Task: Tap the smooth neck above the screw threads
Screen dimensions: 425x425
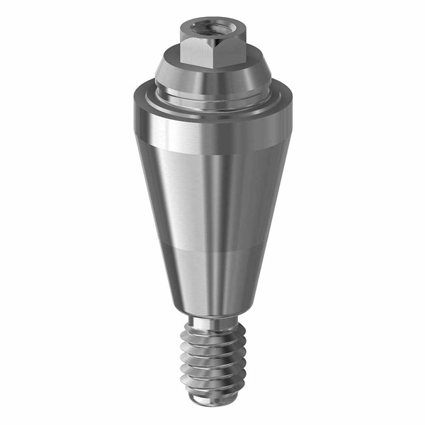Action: (210, 323)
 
